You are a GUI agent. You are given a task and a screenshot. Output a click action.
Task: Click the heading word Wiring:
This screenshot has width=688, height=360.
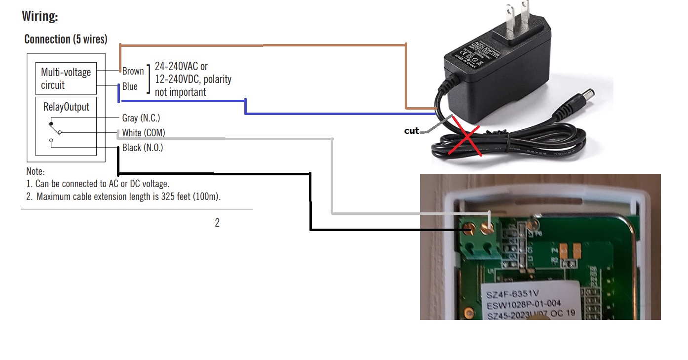(40, 16)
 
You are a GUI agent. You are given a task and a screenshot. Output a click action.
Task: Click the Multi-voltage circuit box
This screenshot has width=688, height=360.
(66, 79)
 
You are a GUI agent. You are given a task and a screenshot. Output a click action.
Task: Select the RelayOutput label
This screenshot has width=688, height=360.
(66, 107)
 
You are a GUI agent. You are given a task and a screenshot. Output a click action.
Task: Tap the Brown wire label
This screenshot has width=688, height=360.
(133, 71)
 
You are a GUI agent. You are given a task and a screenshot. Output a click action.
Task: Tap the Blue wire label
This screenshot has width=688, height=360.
(130, 87)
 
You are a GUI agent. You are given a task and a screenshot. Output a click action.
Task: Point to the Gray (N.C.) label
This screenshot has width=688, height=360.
(141, 118)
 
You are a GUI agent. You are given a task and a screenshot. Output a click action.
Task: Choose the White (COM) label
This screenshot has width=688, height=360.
(143, 133)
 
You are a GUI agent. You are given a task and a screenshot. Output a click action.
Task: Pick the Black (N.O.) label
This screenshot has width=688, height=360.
(142, 148)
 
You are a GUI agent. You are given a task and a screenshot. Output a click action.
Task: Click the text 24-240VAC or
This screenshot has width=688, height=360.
(181, 67)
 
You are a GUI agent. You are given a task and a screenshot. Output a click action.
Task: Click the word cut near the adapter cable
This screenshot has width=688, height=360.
(411, 131)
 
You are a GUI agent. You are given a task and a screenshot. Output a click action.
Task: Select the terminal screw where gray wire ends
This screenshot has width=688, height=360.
(488, 228)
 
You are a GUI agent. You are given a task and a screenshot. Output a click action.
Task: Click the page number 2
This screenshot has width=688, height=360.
(217, 223)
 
